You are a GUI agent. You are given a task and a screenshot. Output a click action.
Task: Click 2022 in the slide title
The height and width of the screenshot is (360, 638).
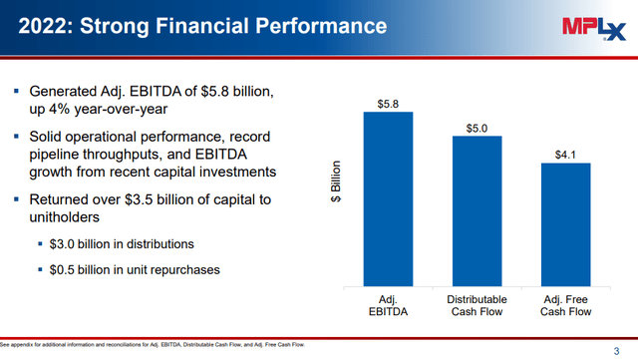pyautogui.click(x=47, y=27)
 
